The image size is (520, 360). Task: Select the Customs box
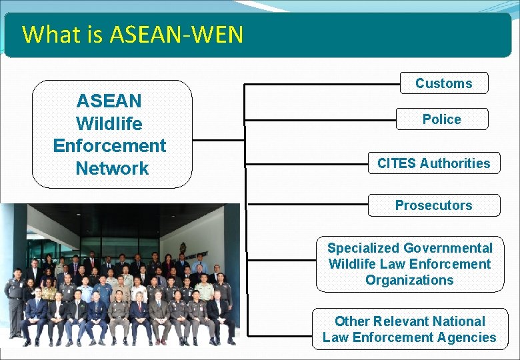(x=444, y=83)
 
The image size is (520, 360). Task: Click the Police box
(x=441, y=119)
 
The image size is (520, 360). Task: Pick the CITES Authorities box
(x=433, y=163)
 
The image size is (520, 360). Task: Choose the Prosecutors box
(x=433, y=205)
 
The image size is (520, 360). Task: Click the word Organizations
(x=409, y=280)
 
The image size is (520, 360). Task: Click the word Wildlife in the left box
(x=109, y=123)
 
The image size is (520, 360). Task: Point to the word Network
(x=112, y=168)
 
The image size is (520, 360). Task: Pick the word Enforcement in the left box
(x=109, y=145)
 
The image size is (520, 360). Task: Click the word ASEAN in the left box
(x=109, y=101)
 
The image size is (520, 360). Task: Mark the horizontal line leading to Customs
(x=320, y=85)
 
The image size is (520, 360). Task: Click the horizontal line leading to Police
(x=320, y=121)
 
